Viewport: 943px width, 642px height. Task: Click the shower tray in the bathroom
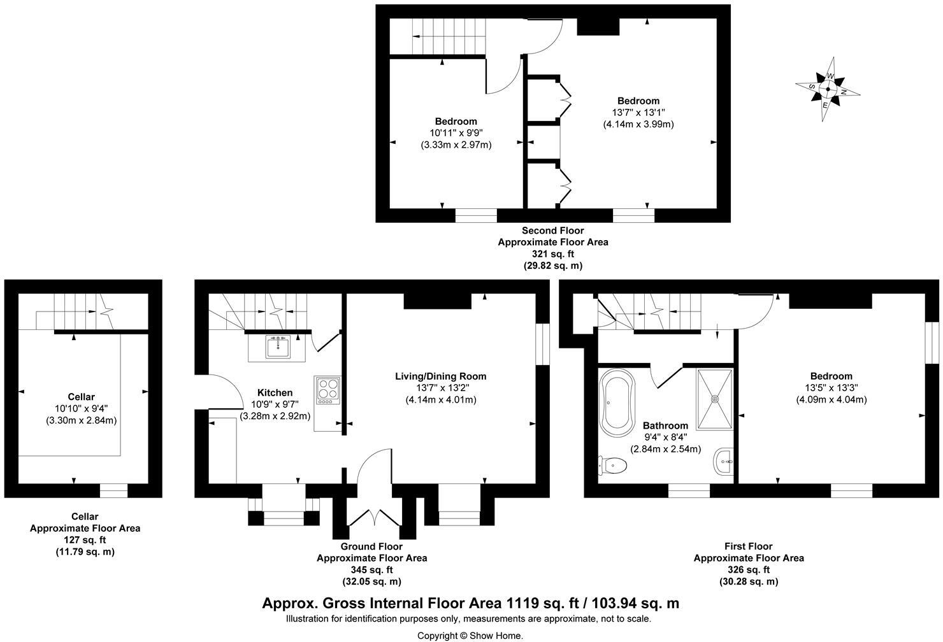coord(716,399)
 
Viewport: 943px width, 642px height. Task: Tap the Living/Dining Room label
coord(441,376)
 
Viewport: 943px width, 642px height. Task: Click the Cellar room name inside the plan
coord(81,397)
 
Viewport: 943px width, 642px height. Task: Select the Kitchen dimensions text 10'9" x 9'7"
coord(275,404)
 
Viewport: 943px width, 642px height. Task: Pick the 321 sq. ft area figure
coord(552,254)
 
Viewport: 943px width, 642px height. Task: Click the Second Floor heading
coord(552,231)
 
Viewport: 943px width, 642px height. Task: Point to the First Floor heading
coord(748,546)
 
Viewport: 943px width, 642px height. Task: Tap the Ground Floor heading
coord(371,546)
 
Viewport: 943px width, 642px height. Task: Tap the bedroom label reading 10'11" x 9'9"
coord(456,133)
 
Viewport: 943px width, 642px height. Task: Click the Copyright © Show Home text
coord(470,635)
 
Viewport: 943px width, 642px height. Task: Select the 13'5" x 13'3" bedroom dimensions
coord(831,388)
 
